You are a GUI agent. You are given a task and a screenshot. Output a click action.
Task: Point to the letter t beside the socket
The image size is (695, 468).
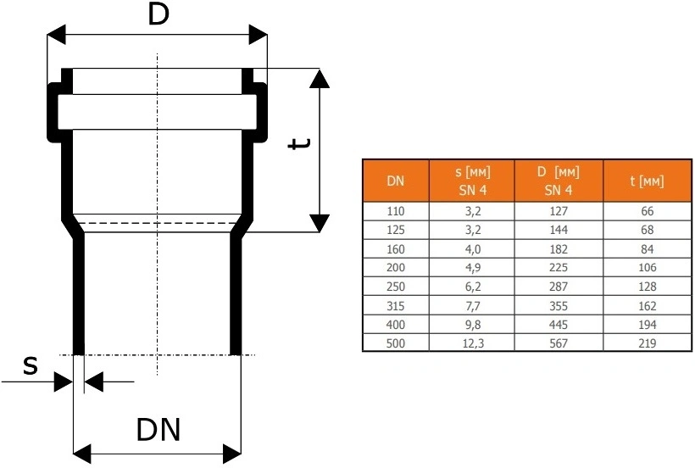[298, 144]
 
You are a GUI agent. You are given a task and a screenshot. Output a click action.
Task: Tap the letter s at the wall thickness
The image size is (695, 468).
[31, 365]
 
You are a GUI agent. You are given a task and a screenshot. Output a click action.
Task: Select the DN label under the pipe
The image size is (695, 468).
[158, 431]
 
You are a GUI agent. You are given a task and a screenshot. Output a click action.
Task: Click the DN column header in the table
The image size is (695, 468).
[396, 181]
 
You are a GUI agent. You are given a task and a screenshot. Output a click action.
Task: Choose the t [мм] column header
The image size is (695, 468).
[648, 181]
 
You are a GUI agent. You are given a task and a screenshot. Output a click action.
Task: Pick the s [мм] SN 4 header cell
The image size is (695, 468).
[473, 181]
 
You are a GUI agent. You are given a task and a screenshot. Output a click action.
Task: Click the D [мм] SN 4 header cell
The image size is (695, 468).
[559, 181]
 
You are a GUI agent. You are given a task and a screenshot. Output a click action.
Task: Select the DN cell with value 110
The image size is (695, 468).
[396, 211]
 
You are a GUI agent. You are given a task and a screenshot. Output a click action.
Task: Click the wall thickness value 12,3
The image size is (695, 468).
[473, 343]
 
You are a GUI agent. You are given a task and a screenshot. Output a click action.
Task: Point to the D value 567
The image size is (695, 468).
[559, 343]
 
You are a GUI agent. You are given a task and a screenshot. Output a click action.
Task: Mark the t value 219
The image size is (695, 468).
[648, 343]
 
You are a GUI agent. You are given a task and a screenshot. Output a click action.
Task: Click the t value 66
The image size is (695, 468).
[648, 211]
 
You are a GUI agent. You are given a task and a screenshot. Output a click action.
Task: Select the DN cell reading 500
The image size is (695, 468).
[396, 343]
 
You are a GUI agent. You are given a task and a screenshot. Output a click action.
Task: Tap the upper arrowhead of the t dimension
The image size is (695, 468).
[319, 78]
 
